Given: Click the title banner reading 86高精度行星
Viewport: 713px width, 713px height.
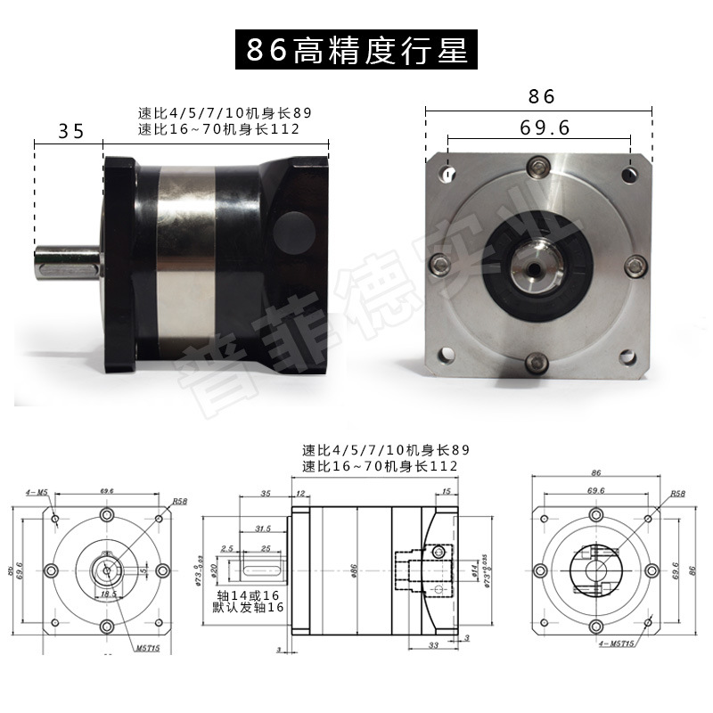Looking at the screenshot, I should [x=356, y=50].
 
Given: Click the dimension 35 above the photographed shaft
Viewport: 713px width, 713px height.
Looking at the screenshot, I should [x=70, y=131].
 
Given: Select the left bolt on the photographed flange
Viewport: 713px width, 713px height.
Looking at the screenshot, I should [x=439, y=264].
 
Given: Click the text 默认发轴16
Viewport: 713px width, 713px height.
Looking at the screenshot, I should [x=249, y=607].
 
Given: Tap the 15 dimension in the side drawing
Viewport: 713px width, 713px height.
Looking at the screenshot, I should [x=447, y=492].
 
